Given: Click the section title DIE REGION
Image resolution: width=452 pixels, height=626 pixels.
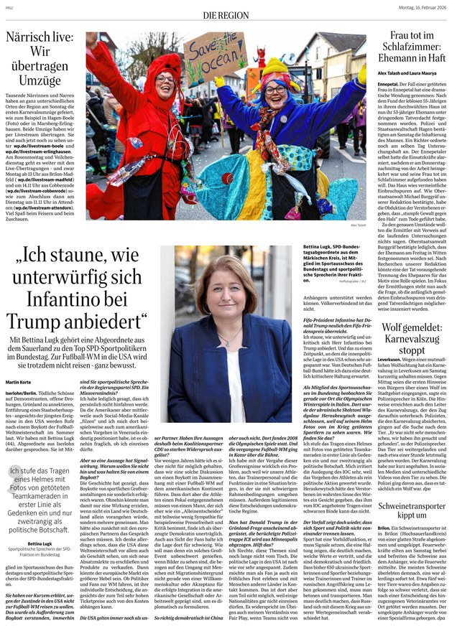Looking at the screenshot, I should point(225,14).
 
